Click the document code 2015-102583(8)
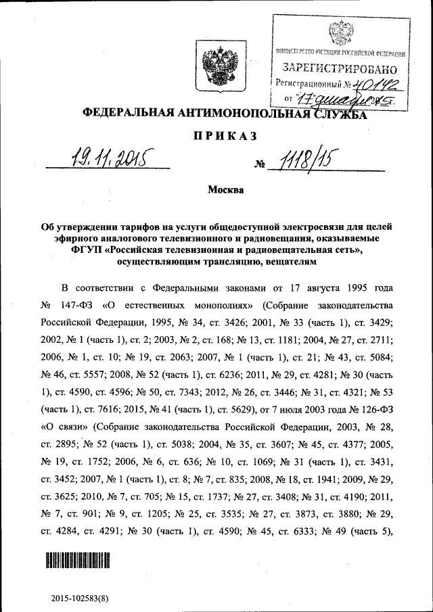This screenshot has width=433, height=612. point(81,598)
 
